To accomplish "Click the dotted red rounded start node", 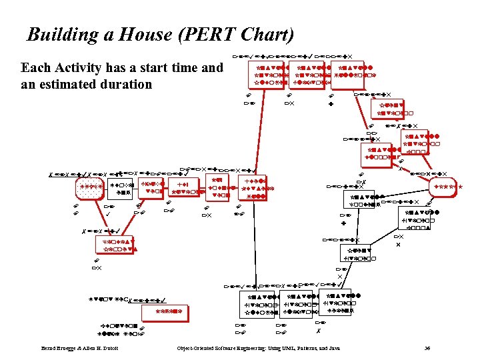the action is [91, 189].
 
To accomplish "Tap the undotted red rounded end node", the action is [444, 189].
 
